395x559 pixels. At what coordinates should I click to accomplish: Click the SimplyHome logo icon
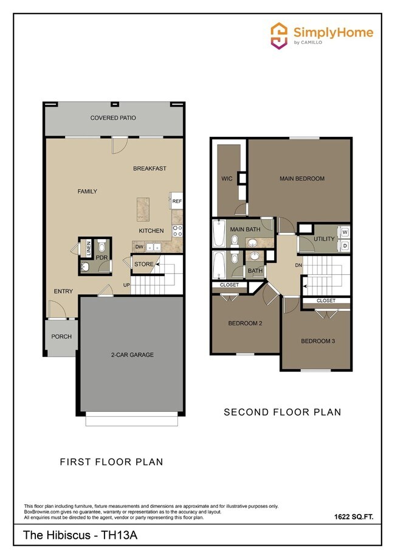[x=279, y=35]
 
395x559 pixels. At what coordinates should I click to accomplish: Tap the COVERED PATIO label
[x=113, y=118]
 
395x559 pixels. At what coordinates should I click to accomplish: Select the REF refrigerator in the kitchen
[x=177, y=201]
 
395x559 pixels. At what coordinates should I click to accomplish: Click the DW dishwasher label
[x=139, y=247]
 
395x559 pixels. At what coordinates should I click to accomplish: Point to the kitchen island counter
[x=145, y=208]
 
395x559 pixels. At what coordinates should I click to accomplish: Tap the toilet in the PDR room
[x=102, y=248]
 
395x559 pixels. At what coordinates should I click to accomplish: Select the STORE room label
[x=144, y=265]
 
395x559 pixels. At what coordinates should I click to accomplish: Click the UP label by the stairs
[x=128, y=285]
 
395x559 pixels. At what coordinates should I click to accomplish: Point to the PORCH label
[x=61, y=336]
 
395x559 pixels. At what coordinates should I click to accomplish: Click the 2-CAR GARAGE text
[x=132, y=355]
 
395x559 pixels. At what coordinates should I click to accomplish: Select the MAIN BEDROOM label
[x=301, y=179]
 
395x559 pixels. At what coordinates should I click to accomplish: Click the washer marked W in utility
[x=344, y=232]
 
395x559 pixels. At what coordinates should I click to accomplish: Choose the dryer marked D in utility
[x=344, y=245]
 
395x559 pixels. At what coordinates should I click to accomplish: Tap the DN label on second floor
[x=298, y=265]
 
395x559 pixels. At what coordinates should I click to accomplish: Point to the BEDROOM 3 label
[x=318, y=341]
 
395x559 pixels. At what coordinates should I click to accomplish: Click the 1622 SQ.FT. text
[x=353, y=516]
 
